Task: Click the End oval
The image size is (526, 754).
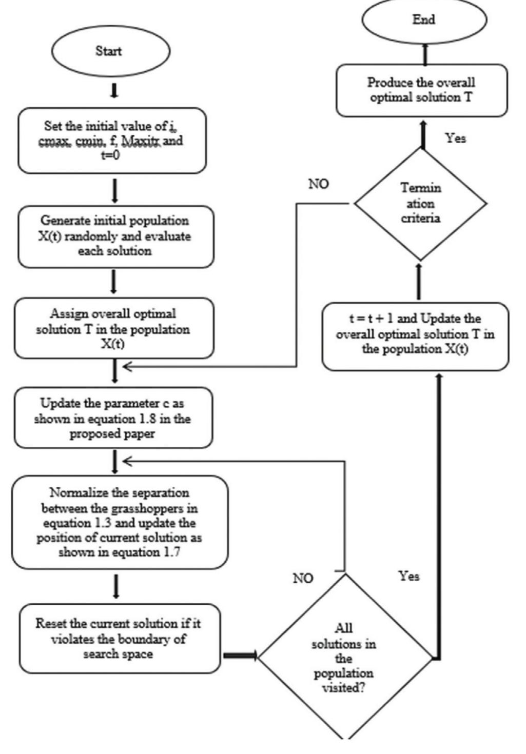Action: (x=424, y=21)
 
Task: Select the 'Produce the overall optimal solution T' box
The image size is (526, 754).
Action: (x=421, y=90)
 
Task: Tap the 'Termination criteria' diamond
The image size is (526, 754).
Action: (x=420, y=204)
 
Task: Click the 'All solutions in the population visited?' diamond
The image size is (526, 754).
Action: (x=344, y=657)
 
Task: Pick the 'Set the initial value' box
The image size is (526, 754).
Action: (x=112, y=140)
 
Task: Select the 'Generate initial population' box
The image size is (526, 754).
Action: (x=115, y=236)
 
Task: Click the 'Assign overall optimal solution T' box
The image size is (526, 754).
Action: (x=113, y=328)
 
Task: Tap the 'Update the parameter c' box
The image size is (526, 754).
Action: (x=113, y=419)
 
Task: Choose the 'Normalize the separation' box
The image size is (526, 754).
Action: (x=119, y=523)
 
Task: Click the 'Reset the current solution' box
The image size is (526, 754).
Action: (x=119, y=639)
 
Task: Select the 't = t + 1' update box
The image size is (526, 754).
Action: (x=415, y=334)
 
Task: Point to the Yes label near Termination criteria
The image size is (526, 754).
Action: (x=455, y=138)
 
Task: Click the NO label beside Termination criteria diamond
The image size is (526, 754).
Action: (x=318, y=184)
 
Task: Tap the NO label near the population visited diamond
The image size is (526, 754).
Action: (x=303, y=579)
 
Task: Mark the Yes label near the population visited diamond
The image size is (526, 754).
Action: (x=409, y=576)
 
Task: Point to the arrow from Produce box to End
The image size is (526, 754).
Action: (x=425, y=54)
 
